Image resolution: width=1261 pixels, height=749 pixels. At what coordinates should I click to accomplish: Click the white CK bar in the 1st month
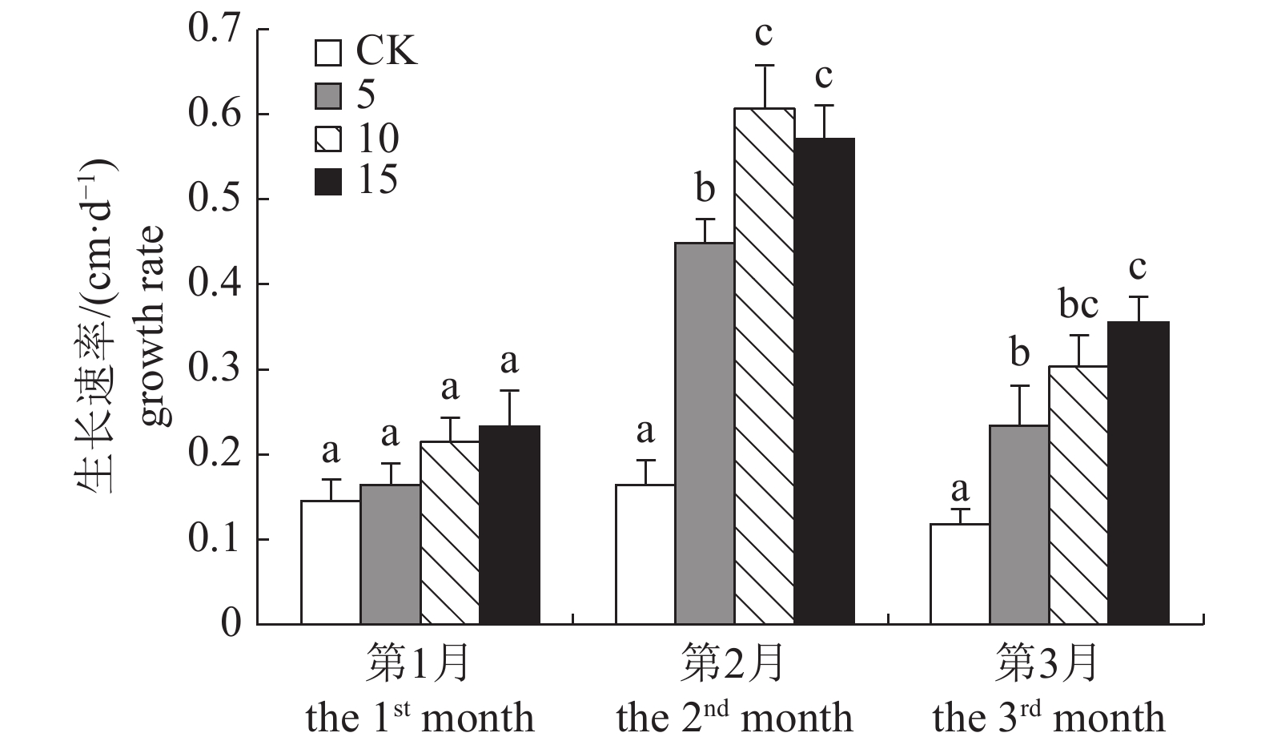pyautogui.click(x=330, y=562)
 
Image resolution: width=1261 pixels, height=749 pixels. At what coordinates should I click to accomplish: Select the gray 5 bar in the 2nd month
pyautogui.click(x=704, y=433)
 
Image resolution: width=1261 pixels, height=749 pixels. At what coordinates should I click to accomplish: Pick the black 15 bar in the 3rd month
pyautogui.click(x=1138, y=473)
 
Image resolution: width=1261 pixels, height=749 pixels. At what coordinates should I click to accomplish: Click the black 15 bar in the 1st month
pyautogui.click(x=509, y=525)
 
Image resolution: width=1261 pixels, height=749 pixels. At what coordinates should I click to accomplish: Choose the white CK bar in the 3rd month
pyautogui.click(x=959, y=574)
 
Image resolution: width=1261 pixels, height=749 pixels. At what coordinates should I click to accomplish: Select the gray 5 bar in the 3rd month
pyautogui.click(x=1018, y=525)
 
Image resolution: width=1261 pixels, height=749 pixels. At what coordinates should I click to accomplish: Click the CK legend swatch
pyautogui.click(x=327, y=53)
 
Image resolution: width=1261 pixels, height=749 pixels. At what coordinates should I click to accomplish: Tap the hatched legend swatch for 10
pyautogui.click(x=327, y=139)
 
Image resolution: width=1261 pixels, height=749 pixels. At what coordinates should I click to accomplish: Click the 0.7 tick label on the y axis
pyautogui.click(x=214, y=30)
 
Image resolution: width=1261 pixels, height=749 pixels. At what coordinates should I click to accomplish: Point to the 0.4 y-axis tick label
pyautogui.click(x=214, y=285)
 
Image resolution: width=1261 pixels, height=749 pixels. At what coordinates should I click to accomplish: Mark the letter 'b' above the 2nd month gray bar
pyautogui.click(x=705, y=189)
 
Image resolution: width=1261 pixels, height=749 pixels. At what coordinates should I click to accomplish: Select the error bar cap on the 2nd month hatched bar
pyautogui.click(x=764, y=66)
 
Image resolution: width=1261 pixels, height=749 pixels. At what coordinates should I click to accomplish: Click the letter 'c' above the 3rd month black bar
pyautogui.click(x=1138, y=268)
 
